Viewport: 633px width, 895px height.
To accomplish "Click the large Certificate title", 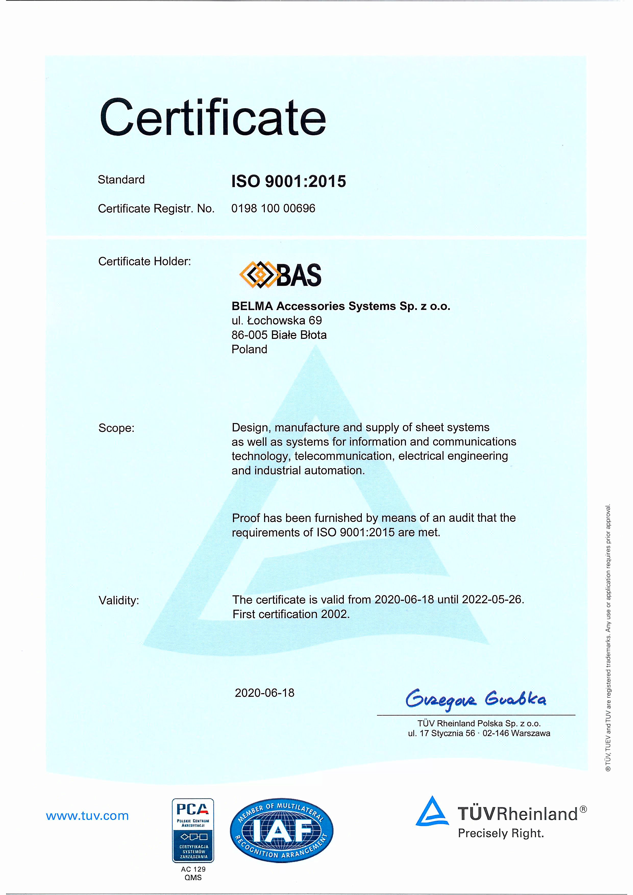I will [x=213, y=117].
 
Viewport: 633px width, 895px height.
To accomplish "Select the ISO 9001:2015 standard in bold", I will [x=289, y=181].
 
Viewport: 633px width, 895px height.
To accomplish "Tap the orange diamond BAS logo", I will [x=280, y=275].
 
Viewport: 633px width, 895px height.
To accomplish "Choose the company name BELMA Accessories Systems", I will [x=341, y=306].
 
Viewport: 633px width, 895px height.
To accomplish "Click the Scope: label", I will [x=116, y=428].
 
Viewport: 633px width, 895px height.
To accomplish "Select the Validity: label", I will [x=118, y=600].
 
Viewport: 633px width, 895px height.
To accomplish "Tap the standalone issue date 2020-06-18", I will [x=264, y=693].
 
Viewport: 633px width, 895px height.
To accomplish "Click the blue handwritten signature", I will [x=476, y=699].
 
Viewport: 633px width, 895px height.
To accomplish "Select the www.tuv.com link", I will [x=87, y=816].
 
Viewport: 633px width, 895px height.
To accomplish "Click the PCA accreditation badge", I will [x=193, y=830].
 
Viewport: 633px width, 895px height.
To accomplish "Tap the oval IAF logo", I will [x=281, y=830].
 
